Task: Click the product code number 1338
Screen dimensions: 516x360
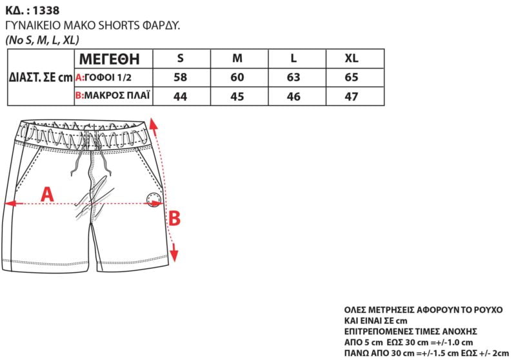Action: tap(46, 10)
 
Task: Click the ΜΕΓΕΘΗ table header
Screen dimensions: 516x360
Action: tap(110, 59)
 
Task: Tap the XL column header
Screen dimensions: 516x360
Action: tap(352, 58)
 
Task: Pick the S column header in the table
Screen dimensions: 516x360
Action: tap(180, 58)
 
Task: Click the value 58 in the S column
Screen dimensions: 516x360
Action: tap(181, 77)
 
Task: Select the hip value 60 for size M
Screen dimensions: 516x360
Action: tap(237, 77)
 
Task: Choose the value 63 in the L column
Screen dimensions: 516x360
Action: tap(293, 77)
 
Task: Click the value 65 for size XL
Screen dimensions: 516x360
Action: tap(352, 77)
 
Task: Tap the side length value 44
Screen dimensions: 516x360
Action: tap(181, 97)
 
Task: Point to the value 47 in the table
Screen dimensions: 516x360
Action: tap(352, 97)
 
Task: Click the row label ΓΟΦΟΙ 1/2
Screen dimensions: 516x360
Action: tap(108, 77)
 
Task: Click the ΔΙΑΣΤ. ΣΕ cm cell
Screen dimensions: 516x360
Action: tap(41, 77)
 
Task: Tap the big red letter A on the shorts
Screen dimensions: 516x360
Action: tap(47, 194)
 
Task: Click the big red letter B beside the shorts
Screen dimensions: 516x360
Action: tap(174, 218)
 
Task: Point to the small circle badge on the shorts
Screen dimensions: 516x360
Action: tap(154, 200)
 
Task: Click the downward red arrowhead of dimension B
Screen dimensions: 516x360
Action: tap(174, 255)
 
